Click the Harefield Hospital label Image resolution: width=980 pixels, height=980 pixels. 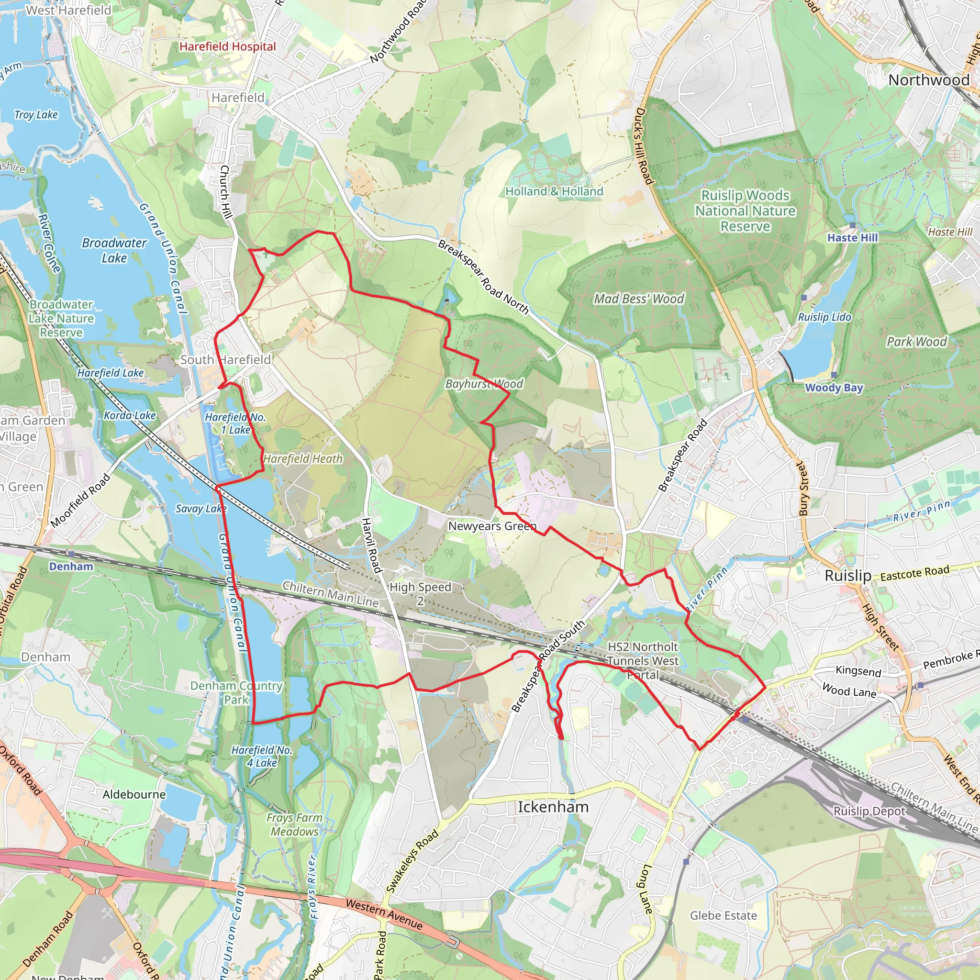(228, 47)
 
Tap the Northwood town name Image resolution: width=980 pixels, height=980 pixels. (929, 80)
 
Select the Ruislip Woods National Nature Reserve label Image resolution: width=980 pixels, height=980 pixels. (745, 211)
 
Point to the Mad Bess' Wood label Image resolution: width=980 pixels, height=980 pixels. (639, 299)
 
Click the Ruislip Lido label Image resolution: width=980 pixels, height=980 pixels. (824, 317)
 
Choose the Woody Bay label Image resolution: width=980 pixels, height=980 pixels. (834, 388)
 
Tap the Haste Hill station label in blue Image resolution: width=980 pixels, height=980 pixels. (852, 237)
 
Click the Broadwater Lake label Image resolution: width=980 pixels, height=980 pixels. (114, 251)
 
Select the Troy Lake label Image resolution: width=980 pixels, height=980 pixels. (36, 115)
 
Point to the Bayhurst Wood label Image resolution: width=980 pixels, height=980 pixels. (484, 384)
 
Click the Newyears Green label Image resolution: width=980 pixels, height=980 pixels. (492, 526)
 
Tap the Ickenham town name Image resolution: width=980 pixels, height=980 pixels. (553, 807)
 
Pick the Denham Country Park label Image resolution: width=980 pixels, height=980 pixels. (236, 692)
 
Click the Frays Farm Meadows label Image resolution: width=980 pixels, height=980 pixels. (294, 824)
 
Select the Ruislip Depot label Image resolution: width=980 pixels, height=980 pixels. (869, 811)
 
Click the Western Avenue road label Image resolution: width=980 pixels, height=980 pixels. (384, 913)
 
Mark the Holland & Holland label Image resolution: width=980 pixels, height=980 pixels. (554, 191)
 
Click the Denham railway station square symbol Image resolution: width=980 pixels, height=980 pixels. (71, 554)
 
